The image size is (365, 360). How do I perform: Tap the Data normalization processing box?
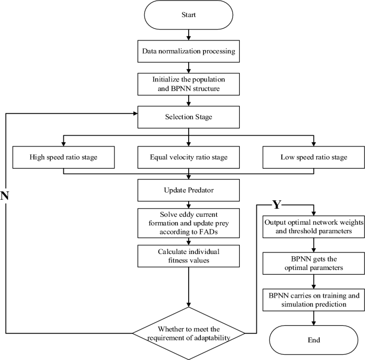pos(190,52)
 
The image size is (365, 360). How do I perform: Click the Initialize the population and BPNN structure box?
pos(190,83)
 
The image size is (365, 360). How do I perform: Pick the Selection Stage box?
pos(190,116)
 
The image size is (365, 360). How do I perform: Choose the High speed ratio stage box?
pos(63,157)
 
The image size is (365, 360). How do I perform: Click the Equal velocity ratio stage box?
pos(190,157)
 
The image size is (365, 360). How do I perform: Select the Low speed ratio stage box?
pos(314,157)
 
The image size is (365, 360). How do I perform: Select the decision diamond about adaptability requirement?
pos(190,333)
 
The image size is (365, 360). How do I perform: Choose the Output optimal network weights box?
pos(314,225)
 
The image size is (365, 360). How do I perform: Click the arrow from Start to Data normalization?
pos(190,36)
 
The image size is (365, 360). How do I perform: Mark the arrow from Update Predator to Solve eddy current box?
pos(190,203)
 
